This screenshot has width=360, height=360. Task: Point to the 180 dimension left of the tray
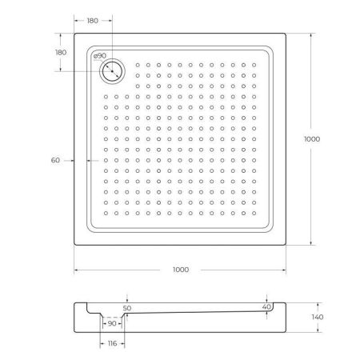tap(61, 53)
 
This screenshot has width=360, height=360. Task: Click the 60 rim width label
tap(55, 160)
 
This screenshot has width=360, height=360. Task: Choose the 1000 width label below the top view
tap(180, 270)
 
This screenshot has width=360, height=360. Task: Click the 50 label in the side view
tap(126, 307)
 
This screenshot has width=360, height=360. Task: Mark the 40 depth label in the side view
tap(266, 306)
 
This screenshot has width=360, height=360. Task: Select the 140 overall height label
tap(317, 318)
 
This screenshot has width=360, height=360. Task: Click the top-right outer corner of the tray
tap(287, 33)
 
